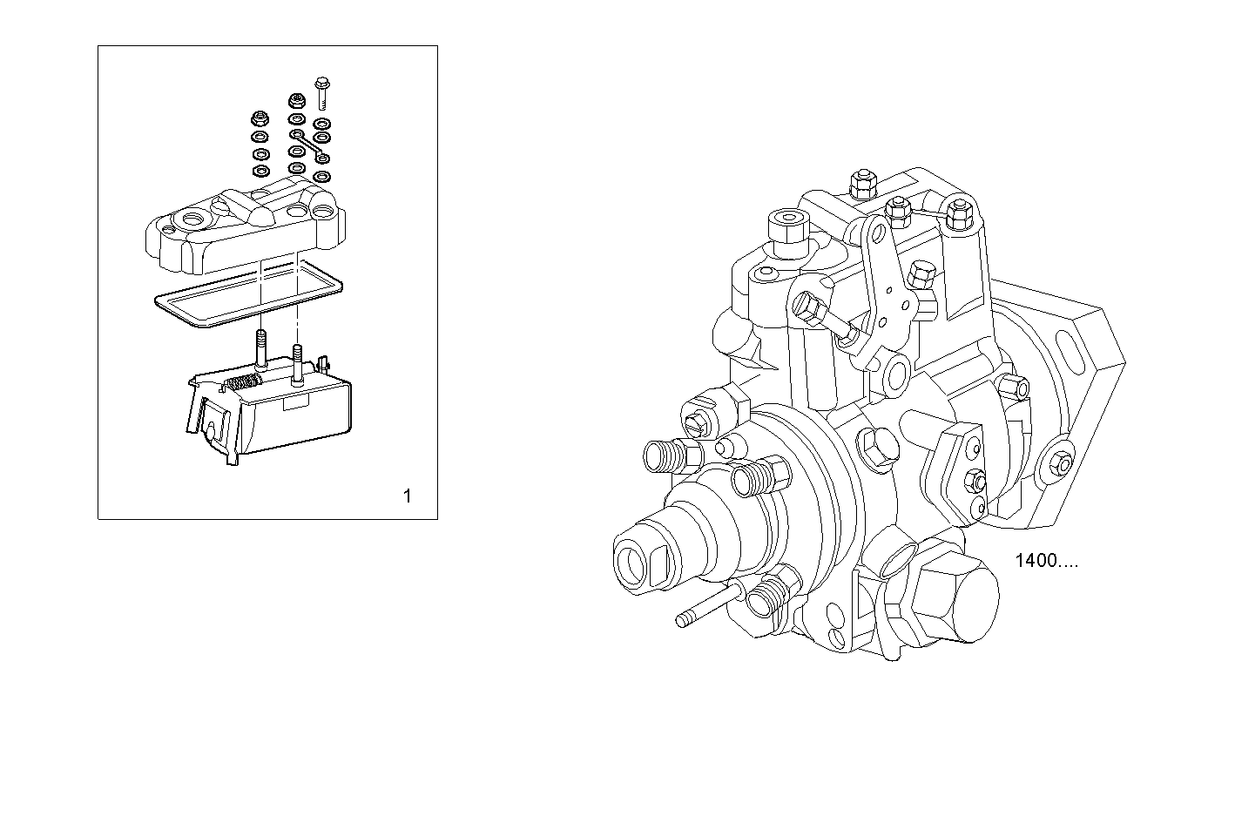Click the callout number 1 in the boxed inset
click(x=407, y=496)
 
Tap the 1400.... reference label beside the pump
click(x=1046, y=561)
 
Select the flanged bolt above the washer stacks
click(x=323, y=89)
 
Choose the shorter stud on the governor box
click(x=298, y=365)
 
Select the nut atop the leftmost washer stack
click(x=259, y=118)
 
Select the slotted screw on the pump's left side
click(x=694, y=424)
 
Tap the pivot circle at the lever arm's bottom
click(x=894, y=374)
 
